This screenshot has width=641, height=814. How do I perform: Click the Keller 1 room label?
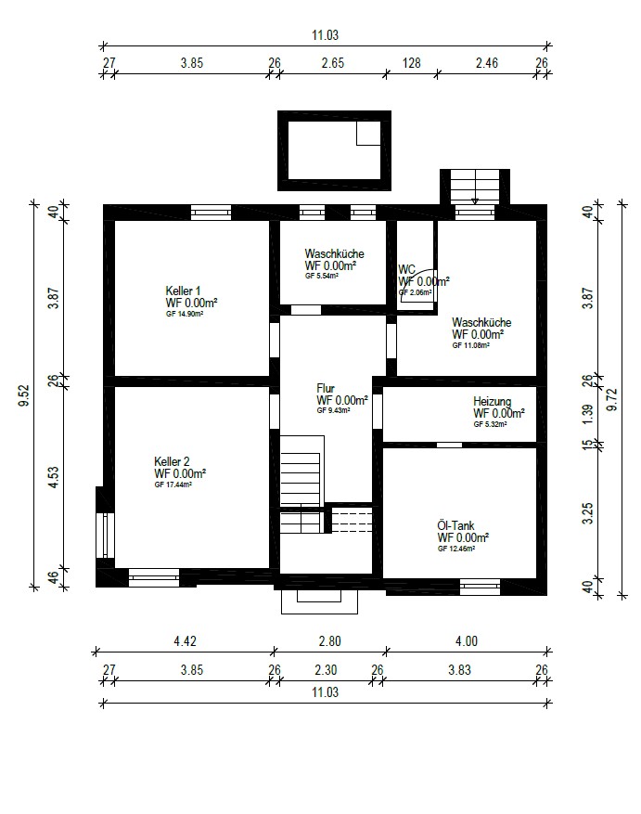click(x=183, y=291)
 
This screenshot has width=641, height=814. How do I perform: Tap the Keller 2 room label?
click(x=172, y=461)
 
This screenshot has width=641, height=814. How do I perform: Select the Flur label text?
click(x=326, y=388)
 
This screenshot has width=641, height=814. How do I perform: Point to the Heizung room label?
click(x=492, y=401)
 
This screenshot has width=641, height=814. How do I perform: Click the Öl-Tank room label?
click(x=455, y=525)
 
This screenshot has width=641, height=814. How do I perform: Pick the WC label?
click(x=407, y=269)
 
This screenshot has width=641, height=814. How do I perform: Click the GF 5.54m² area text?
click(x=322, y=277)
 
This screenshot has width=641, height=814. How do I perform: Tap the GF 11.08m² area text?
click(x=470, y=345)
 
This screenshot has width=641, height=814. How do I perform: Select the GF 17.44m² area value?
click(x=173, y=485)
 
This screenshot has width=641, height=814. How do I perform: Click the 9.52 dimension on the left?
click(x=24, y=395)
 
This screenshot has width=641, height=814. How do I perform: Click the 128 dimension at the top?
click(x=412, y=63)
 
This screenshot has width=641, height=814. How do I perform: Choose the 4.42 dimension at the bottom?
click(x=185, y=641)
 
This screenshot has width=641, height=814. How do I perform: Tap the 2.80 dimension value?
click(x=329, y=641)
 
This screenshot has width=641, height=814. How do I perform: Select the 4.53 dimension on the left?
click(x=54, y=478)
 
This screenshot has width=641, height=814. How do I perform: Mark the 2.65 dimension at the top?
click(x=333, y=63)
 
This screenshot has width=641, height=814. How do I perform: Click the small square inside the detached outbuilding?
click(x=368, y=134)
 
